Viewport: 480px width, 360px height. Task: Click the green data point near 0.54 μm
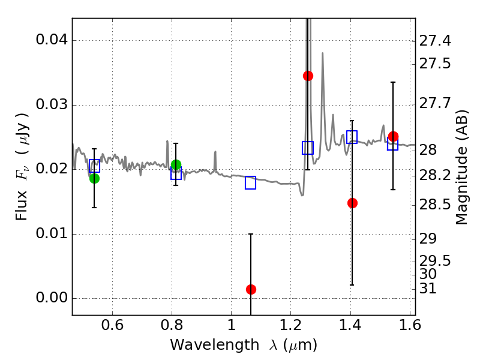[x=94, y=178]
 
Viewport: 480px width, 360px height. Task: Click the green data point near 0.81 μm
[x=176, y=164]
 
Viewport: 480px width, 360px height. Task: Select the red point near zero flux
[x=251, y=289]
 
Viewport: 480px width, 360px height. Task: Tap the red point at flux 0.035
[x=308, y=76]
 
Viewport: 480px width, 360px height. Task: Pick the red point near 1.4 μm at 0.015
[x=352, y=203]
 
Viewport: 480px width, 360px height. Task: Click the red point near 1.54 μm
[x=393, y=136]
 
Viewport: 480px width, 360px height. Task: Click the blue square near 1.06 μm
[x=251, y=183]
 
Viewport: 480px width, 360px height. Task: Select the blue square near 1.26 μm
[x=308, y=148]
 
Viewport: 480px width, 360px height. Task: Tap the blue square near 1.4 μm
[x=352, y=137]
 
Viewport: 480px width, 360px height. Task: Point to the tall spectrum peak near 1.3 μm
[x=323, y=53]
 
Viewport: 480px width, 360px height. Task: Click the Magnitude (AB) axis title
[x=461, y=167]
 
